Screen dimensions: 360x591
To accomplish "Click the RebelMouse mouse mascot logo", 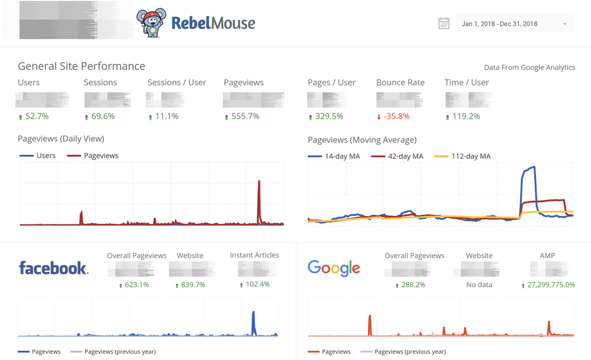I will click(151, 23).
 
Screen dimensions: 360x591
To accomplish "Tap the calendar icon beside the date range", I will click(444, 24).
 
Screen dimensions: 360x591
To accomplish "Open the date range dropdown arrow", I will click(564, 24).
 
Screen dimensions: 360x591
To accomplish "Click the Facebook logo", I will click(54, 268).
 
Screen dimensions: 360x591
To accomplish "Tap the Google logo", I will click(333, 268).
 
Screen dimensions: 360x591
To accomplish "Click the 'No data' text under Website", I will click(479, 285).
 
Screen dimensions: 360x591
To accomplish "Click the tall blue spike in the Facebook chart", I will click(254, 320).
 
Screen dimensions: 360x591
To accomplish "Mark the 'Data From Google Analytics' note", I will click(529, 68).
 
